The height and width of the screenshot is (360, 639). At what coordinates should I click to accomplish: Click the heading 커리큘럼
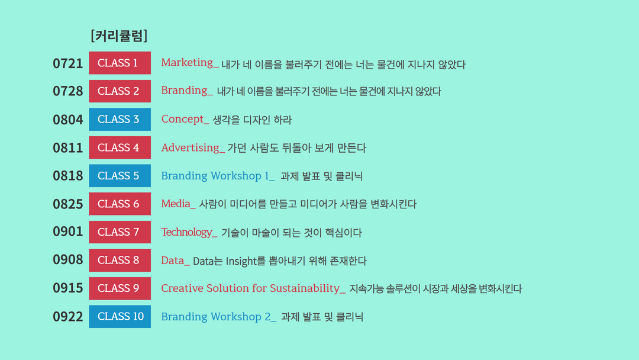pyautogui.click(x=119, y=36)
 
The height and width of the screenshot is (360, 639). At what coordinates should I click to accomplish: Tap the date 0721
pyautogui.click(x=67, y=63)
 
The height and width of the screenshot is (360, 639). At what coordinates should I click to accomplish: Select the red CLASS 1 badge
pyautogui.click(x=120, y=63)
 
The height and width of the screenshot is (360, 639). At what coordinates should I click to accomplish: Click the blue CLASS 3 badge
pyautogui.click(x=120, y=119)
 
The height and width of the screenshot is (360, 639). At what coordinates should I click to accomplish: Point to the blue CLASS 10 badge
pyautogui.click(x=120, y=316)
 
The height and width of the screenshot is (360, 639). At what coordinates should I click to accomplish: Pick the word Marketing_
pyautogui.click(x=190, y=63)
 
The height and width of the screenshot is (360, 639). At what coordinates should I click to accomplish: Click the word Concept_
pyautogui.click(x=185, y=119)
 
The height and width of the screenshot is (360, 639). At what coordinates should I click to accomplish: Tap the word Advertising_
pyautogui.click(x=193, y=147)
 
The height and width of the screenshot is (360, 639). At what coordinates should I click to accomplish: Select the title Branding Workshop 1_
pyautogui.click(x=218, y=176)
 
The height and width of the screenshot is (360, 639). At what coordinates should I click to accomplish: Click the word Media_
pyautogui.click(x=178, y=204)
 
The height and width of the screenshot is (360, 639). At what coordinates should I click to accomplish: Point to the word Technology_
pyautogui.click(x=189, y=232)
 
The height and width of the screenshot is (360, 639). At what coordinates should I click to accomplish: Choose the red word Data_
pyautogui.click(x=175, y=261)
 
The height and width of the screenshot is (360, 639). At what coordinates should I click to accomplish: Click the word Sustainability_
pyautogui.click(x=308, y=288)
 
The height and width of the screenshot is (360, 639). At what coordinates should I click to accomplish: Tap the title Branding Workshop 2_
pyautogui.click(x=219, y=317)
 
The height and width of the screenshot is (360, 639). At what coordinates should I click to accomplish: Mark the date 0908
pyautogui.click(x=67, y=260)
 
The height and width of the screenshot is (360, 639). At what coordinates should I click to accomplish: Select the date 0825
pyautogui.click(x=67, y=204)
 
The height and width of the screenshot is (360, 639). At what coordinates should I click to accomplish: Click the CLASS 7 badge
pyautogui.click(x=120, y=232)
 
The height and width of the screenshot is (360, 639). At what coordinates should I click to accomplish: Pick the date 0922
pyautogui.click(x=67, y=317)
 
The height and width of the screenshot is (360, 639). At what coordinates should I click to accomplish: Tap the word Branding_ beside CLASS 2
pyautogui.click(x=187, y=91)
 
